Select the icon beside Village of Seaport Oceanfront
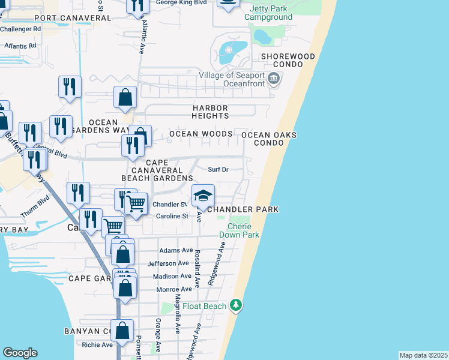pyautogui.click(x=274, y=79)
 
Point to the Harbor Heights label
pyautogui.click(x=210, y=112)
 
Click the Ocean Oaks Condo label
pyautogui.click(x=268, y=139)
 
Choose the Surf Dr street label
pyautogui.click(x=218, y=169)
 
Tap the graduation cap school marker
pyautogui.click(x=203, y=195)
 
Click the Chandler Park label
pyautogui.click(x=243, y=209)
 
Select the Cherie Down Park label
pyautogui.click(x=239, y=230)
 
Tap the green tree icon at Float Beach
pyautogui.click(x=237, y=306)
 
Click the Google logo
pyautogui.click(x=20, y=353)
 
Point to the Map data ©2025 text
pyautogui.click(x=423, y=355)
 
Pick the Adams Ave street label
pyautogui.click(x=176, y=250)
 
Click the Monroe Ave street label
pyautogui.click(x=174, y=289)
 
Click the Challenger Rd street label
pyautogui.click(x=20, y=29)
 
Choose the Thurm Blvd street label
pyautogui.click(x=43, y=208)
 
